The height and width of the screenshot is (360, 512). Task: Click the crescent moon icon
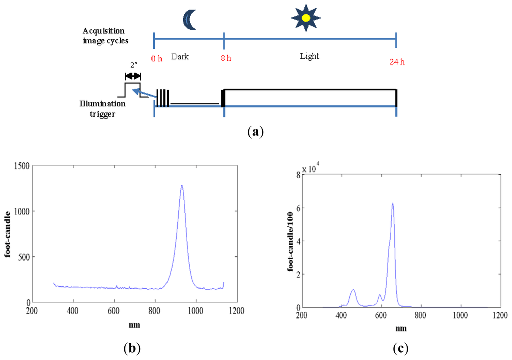click(x=189, y=19)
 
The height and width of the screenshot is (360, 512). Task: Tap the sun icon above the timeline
click(x=306, y=17)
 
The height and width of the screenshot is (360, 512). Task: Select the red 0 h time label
click(x=157, y=59)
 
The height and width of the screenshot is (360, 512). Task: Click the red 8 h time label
click(x=226, y=58)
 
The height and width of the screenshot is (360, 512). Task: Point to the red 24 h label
click(x=396, y=62)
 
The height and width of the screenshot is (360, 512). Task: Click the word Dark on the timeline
click(x=180, y=57)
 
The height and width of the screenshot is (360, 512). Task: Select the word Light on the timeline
click(x=310, y=56)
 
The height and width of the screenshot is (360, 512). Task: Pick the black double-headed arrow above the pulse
click(x=133, y=76)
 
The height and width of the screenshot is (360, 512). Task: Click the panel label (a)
click(x=256, y=132)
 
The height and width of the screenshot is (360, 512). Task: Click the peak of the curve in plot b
click(x=182, y=185)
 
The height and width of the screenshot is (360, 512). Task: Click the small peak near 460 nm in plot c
click(x=353, y=290)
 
